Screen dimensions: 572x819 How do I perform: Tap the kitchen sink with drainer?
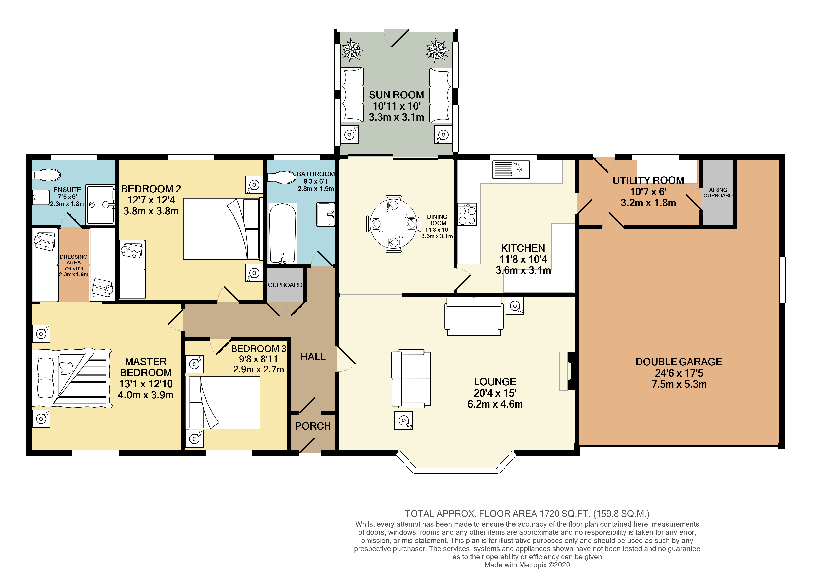[511, 169]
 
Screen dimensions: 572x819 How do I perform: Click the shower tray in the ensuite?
[100, 204]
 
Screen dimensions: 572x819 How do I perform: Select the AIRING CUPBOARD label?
[718, 193]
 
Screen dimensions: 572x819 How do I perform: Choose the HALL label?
[313, 357]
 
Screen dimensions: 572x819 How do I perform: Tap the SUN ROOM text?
[396, 95]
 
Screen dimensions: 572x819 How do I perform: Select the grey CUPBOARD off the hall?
[285, 285]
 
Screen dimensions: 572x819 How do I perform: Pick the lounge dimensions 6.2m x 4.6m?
[495, 404]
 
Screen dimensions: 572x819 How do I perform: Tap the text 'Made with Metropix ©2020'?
[527, 565]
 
